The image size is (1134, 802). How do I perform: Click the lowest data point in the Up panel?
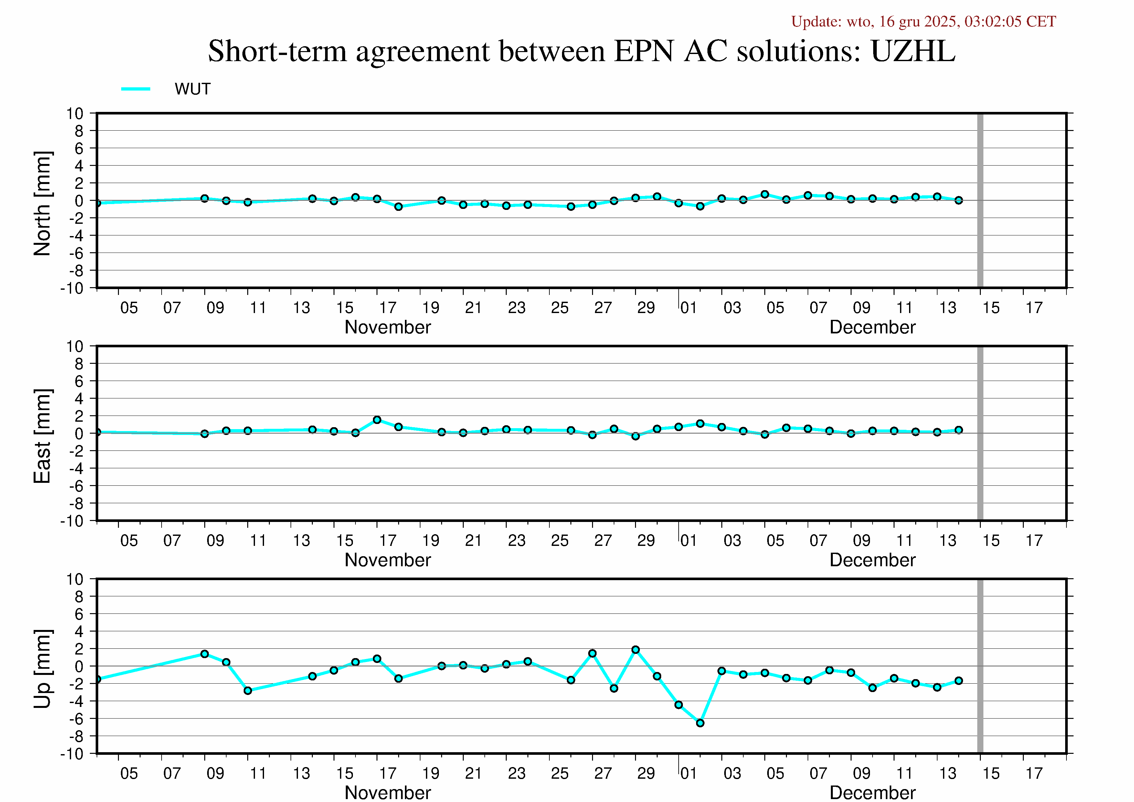coord(700,723)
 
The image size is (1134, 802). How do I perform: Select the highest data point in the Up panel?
coord(636,650)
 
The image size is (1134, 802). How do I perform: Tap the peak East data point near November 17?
coord(377,420)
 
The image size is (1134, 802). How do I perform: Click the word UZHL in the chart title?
coord(913,51)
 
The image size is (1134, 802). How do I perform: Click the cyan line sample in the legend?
coord(135,89)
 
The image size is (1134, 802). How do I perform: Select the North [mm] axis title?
coord(42,204)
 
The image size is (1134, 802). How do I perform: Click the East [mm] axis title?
coord(42,436)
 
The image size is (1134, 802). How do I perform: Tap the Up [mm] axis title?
coord(42,668)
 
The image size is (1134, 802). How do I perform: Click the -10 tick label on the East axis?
coord(72,521)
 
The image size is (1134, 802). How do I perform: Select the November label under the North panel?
coord(388,327)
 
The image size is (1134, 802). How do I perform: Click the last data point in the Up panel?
coord(959,681)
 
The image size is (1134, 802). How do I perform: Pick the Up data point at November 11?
coord(248,691)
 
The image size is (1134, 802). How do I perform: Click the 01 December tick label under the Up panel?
coord(688,773)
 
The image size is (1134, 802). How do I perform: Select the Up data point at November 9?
coord(205,654)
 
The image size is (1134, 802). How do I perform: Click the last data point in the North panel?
coord(959,200)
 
